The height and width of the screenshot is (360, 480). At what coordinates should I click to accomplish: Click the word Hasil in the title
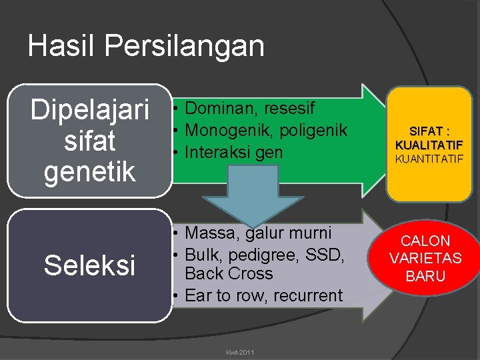pos(62,46)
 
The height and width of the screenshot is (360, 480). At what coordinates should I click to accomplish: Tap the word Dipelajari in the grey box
pos(89,111)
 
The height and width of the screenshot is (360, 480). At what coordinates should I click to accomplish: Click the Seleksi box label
pos(89,265)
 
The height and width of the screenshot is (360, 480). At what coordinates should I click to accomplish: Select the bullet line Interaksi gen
pos(233,152)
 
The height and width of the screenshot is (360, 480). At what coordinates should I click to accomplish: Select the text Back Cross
pos(229,273)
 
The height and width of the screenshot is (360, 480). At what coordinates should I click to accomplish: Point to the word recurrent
pos(306,295)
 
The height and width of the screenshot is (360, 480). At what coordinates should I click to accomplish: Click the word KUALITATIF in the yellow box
pos(429,145)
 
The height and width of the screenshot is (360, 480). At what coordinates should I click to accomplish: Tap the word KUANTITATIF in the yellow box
pos(429,159)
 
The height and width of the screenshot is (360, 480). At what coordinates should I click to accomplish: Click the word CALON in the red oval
pos(425,241)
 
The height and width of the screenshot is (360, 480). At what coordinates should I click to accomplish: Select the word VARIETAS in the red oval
pos(425,258)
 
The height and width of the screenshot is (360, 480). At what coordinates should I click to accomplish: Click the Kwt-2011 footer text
pos(241,351)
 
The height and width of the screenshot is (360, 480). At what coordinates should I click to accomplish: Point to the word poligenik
pos(316,130)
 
